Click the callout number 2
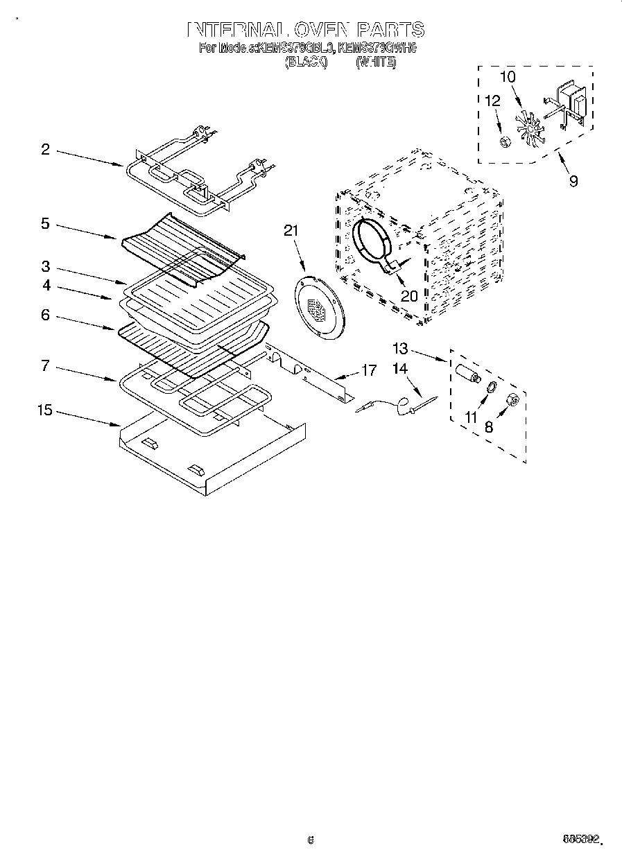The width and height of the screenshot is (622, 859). (x=45, y=149)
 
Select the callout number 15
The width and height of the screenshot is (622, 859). (x=44, y=410)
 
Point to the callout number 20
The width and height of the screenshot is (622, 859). (x=409, y=296)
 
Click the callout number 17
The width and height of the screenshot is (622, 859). (x=370, y=371)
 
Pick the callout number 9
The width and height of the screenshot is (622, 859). (x=573, y=182)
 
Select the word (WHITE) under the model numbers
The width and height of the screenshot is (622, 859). (x=376, y=62)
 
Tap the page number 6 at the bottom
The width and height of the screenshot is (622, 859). (x=311, y=840)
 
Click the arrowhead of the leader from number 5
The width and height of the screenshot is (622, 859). (x=117, y=238)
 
